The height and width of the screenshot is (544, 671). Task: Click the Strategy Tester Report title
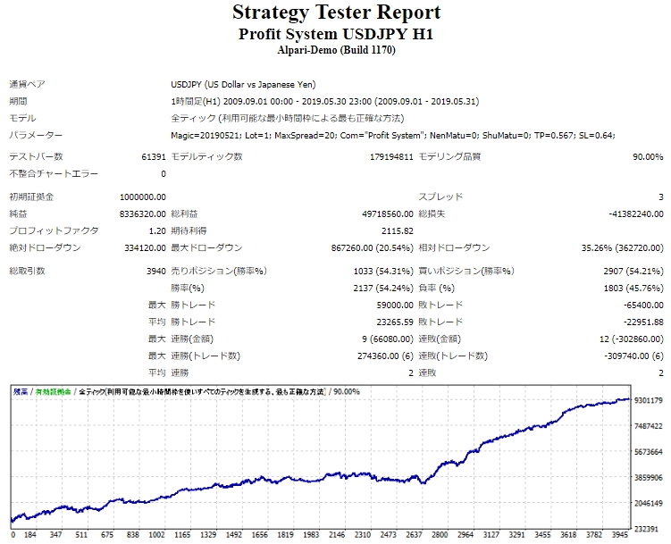[x=336, y=13]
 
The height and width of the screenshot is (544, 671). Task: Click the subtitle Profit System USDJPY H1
[x=336, y=33]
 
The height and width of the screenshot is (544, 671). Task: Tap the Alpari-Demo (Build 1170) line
[x=336, y=50]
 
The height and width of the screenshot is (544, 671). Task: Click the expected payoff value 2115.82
[x=395, y=230]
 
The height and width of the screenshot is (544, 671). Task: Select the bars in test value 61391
[x=153, y=157]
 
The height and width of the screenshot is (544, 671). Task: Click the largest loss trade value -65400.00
[x=639, y=305]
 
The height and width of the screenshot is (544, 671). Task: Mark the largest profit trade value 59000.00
[x=391, y=305]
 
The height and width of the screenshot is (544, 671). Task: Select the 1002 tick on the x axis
[x=156, y=536]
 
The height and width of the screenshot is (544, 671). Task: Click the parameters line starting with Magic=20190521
[x=392, y=135]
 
